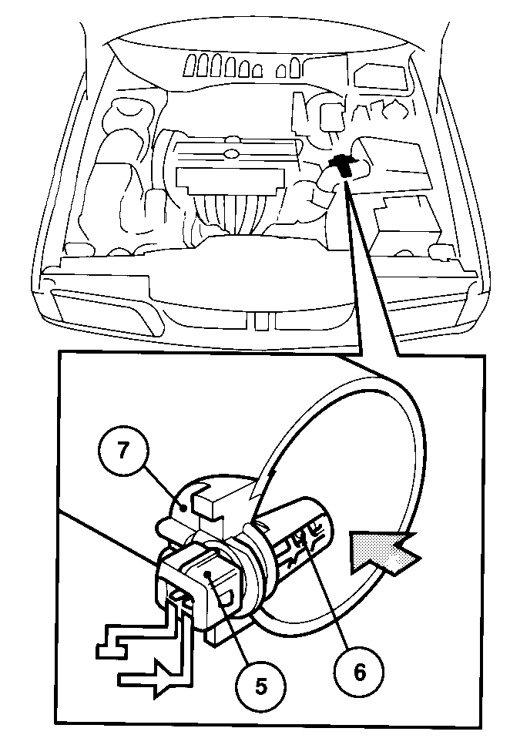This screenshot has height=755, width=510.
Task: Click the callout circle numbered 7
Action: click(123, 451)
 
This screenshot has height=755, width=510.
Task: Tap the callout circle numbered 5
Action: click(260, 686)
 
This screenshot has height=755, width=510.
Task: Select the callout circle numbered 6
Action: click(360, 673)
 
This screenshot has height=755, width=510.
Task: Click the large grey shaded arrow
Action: click(384, 550)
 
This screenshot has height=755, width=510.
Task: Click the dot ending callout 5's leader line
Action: click(208, 573)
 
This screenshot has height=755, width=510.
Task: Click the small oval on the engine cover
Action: click(232, 155)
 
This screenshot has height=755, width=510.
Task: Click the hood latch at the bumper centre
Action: click(260, 321)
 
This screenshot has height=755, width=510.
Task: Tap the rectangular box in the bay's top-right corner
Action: click(380, 75)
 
